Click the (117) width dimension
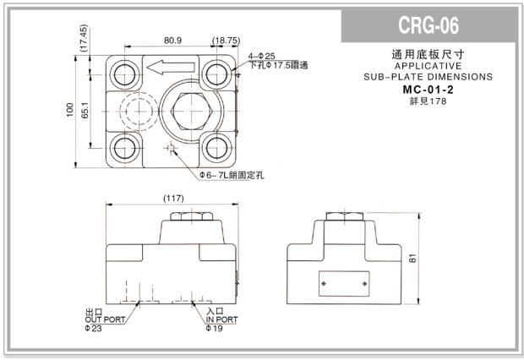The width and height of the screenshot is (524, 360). [x=174, y=199]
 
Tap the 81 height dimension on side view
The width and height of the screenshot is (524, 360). [x=413, y=259]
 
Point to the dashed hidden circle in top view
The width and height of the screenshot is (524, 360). [x=133, y=111]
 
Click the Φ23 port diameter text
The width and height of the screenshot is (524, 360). [x=94, y=329]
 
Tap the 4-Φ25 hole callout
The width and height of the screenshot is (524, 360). [x=262, y=56]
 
